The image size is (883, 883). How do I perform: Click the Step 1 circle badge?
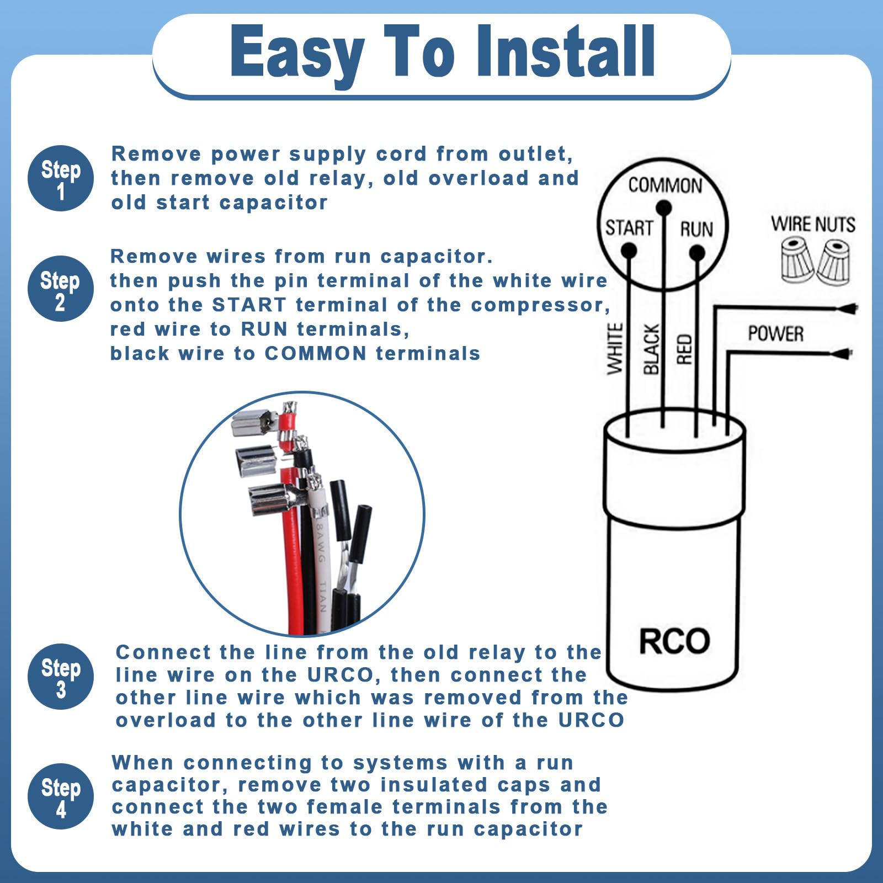(x=61, y=178)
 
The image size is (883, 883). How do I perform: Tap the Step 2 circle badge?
(x=61, y=289)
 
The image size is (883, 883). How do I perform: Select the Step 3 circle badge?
(x=61, y=677)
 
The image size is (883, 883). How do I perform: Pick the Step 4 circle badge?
(x=61, y=796)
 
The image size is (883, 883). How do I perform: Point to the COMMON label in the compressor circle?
(x=665, y=185)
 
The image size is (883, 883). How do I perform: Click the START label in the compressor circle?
(x=629, y=228)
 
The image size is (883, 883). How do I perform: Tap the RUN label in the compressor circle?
(x=696, y=229)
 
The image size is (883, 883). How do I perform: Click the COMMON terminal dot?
(x=663, y=208)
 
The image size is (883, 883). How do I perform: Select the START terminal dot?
(x=629, y=251)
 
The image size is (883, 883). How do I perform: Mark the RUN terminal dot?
(x=697, y=253)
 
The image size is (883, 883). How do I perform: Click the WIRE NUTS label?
(x=813, y=225)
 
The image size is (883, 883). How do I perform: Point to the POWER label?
(x=775, y=334)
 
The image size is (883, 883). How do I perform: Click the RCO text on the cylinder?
(x=674, y=641)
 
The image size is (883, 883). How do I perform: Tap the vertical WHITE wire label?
(x=615, y=349)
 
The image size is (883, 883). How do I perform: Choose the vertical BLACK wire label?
(x=651, y=349)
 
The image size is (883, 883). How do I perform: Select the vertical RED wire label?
(x=684, y=349)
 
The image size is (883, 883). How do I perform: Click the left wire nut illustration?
(x=797, y=259)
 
